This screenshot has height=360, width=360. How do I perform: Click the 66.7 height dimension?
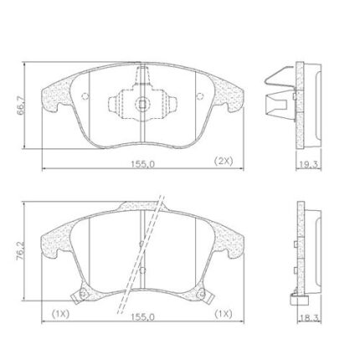pyautogui.click(x=20, y=105)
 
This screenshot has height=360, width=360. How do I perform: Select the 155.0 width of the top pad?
pyautogui.click(x=142, y=164)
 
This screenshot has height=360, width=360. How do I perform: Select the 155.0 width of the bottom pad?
pyautogui.click(x=142, y=317)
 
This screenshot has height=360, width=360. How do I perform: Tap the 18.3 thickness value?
pyautogui.click(x=310, y=317)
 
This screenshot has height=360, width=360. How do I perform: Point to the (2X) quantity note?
pyautogui.click(x=224, y=161)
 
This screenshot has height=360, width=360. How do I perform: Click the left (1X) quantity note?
pyautogui.click(x=60, y=314)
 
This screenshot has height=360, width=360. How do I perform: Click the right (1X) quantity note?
pyautogui.click(x=224, y=314)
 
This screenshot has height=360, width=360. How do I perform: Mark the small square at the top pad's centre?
pyautogui.click(x=142, y=104)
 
